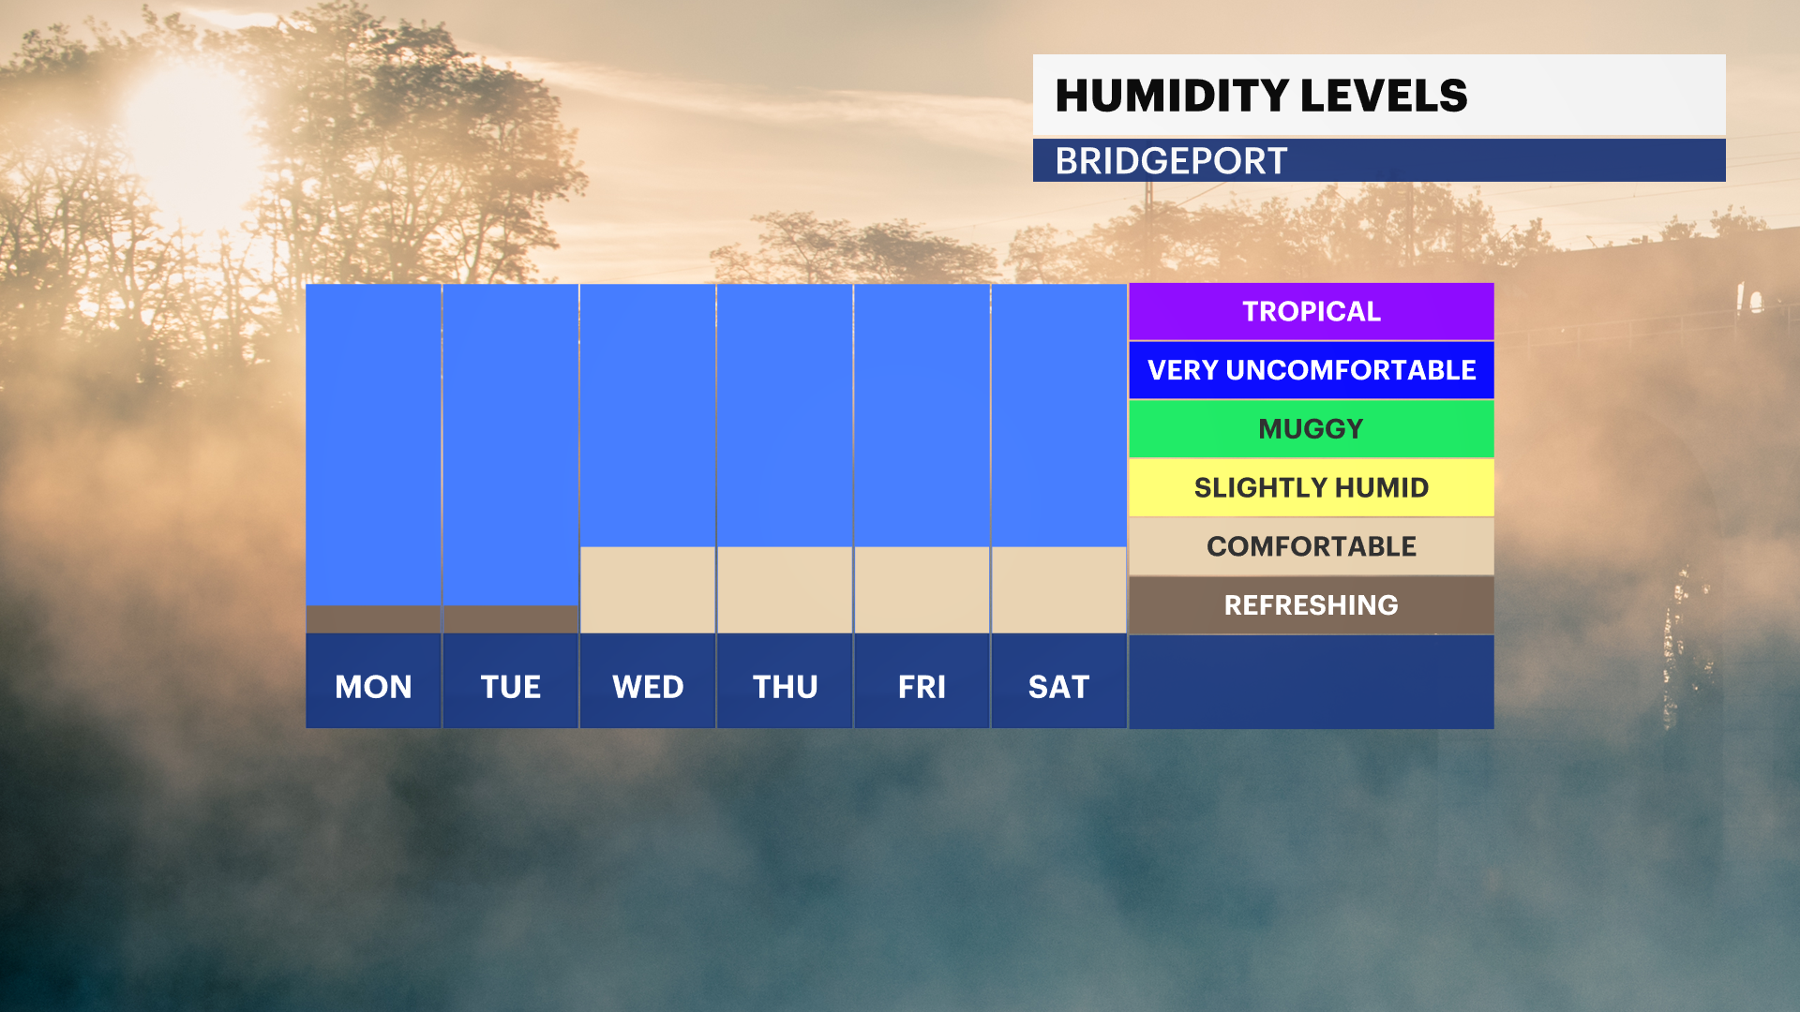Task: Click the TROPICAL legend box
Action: (1311, 311)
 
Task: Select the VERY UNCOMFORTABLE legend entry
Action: (1311, 370)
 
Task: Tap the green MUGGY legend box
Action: (1311, 429)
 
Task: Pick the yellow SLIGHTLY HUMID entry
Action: (1311, 487)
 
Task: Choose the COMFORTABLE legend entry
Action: (1311, 546)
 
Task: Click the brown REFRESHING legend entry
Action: (1311, 605)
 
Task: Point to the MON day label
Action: (373, 687)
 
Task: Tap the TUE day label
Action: (511, 687)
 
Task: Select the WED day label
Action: (648, 687)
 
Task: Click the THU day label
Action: (785, 687)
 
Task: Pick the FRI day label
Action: (922, 687)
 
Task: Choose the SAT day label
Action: (1058, 687)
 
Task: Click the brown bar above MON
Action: (373, 619)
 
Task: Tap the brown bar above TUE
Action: (511, 619)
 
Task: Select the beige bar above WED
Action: (648, 590)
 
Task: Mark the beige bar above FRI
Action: (922, 590)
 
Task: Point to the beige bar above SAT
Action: (1058, 590)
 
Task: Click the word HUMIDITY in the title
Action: (1172, 96)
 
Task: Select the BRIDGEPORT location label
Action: (1171, 161)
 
